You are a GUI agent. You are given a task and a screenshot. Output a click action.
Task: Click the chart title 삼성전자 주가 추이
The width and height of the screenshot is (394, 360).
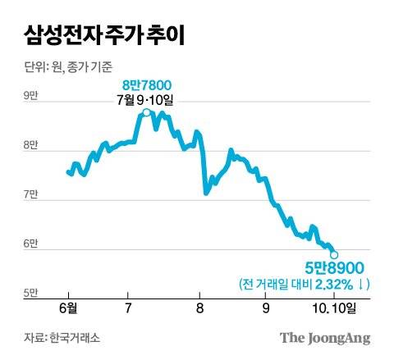click(x=106, y=36)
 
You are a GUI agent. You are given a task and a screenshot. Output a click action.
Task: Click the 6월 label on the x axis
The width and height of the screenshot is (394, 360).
click(x=68, y=308)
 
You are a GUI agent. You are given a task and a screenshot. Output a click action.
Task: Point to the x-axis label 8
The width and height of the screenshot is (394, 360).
click(x=200, y=308)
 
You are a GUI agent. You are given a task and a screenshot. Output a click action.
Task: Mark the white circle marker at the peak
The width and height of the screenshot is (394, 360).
click(x=146, y=113)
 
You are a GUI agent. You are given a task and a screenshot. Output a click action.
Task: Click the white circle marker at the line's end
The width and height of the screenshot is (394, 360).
click(x=334, y=255)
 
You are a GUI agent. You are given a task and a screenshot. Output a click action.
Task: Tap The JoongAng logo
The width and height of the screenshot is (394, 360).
click(x=325, y=337)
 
